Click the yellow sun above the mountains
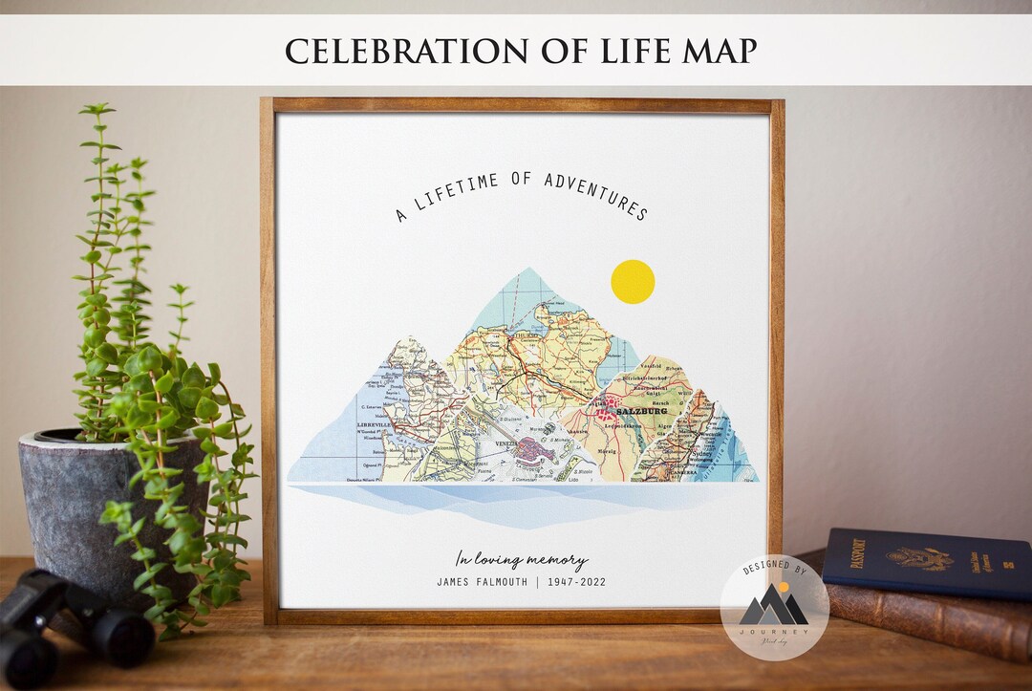(x=633, y=282)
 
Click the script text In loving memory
(x=521, y=560)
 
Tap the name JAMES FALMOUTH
(x=482, y=582)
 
